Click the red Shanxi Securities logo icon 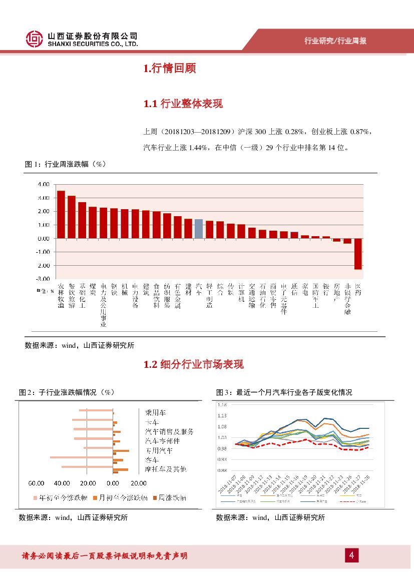pos(34,40)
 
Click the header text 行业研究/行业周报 pos(335,41)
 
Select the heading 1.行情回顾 pos(169,69)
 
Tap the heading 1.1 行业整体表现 pos(183,104)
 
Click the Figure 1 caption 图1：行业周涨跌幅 pos(65,164)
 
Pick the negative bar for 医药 pos(358,254)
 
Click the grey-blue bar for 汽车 pos(199,229)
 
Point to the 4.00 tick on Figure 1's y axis pos(43,184)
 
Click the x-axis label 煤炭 pos(93,290)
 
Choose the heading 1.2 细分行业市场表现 pos(193,364)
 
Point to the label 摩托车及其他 pos(165,469)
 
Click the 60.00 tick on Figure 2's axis pos(36,483)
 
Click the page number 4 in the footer pos(351,555)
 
